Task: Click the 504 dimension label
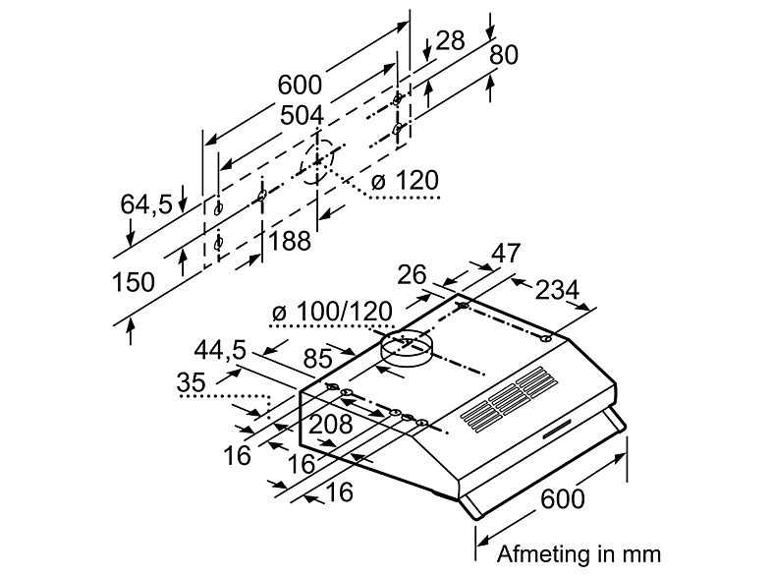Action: tap(302, 116)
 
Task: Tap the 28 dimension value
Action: tap(450, 40)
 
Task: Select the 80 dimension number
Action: tap(503, 55)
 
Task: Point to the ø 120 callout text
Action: tap(405, 180)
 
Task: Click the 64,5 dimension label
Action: tap(146, 204)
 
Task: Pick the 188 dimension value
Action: tap(290, 241)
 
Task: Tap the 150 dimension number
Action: tap(134, 282)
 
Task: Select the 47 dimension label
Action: tap(506, 253)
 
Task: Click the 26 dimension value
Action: tap(412, 275)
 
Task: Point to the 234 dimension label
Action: tap(557, 290)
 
